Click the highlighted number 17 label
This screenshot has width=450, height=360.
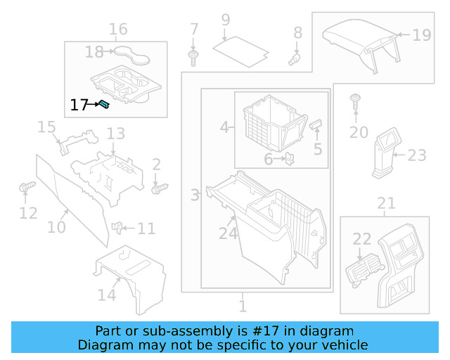[x=79, y=105]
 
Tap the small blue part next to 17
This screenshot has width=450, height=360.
[x=103, y=105]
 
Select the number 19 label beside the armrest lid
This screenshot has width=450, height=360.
[x=420, y=34]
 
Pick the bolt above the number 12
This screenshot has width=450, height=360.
[x=28, y=188]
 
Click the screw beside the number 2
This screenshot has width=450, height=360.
[x=160, y=188]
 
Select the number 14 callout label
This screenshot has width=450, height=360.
[x=107, y=295]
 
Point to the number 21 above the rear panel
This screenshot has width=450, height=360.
[x=386, y=204]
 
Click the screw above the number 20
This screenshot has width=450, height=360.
[x=356, y=100]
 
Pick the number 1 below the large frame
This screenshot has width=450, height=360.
[x=243, y=307]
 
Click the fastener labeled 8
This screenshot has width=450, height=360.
[x=295, y=58]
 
